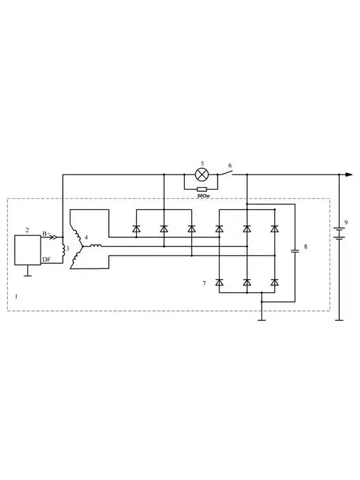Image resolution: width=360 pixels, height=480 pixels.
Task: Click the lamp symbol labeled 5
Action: (201, 174)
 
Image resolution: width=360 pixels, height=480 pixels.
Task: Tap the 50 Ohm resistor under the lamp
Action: (202, 189)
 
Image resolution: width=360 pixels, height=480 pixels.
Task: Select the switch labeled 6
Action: (225, 172)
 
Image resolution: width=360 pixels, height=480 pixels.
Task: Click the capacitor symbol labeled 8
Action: (295, 251)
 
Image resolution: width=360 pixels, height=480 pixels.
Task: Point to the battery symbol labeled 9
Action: (339, 233)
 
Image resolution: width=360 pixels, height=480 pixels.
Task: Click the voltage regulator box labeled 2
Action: (27, 250)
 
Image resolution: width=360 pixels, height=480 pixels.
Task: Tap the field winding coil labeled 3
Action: (63, 250)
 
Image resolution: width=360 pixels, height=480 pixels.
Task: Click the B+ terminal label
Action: (46, 234)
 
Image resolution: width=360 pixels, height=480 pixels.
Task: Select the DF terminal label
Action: (47, 260)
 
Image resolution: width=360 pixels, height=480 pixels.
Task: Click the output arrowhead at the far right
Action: (349, 174)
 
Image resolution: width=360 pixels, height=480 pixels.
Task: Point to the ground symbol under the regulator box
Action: (28, 273)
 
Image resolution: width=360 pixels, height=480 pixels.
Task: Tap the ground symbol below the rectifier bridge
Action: (262, 319)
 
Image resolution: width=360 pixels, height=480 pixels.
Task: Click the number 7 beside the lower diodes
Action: (204, 283)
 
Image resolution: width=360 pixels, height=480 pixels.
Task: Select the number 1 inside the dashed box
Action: (16, 297)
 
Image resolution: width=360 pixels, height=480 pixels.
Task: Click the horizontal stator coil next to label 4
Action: (96, 246)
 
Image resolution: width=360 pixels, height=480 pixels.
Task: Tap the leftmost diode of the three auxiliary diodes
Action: (136, 229)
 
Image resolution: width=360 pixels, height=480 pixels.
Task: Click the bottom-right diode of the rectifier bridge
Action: (275, 283)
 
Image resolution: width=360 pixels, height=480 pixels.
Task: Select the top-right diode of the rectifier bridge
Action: (275, 229)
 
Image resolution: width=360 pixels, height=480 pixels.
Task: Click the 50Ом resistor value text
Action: (203, 195)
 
